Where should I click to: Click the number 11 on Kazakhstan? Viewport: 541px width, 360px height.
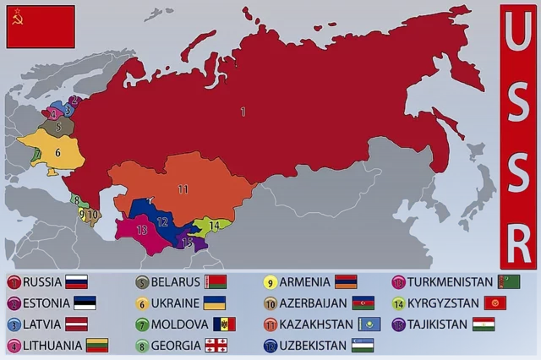183,189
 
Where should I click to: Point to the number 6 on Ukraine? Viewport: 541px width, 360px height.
57,153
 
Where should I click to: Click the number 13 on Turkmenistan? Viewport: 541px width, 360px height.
142,229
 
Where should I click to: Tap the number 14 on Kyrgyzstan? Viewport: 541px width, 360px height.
215,226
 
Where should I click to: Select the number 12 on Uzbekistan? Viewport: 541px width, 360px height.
163,222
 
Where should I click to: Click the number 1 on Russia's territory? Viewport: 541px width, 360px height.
243,111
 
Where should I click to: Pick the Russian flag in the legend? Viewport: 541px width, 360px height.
77,282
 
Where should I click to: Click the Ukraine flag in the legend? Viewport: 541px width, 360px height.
213,303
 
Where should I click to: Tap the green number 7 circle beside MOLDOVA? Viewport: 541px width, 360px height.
143,325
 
